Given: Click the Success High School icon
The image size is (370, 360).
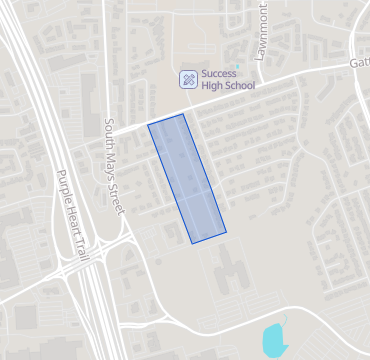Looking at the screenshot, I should click(187, 79).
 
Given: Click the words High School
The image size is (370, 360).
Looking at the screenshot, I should click(228, 86).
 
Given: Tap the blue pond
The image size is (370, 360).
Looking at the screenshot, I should click(273, 340).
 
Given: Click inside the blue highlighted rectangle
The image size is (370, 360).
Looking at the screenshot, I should click(187, 178).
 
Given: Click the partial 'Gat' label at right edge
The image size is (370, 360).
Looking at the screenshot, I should click(359, 61).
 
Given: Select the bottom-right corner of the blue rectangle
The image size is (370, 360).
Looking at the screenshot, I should click(226, 233).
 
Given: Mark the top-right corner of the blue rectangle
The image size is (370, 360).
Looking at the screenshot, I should click(183, 114).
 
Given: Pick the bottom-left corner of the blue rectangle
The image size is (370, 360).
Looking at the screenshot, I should click(192, 243).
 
